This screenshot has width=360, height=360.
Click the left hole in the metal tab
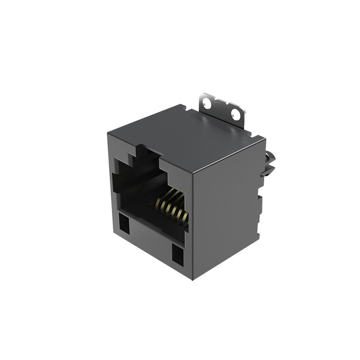coord(207,103)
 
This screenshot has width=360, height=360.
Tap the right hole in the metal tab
coord(235,114)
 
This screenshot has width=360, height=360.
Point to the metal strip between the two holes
coord(221,108)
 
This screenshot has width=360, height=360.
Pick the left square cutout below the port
coord(123,223)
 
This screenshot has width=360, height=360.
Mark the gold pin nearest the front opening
coord(182,218)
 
